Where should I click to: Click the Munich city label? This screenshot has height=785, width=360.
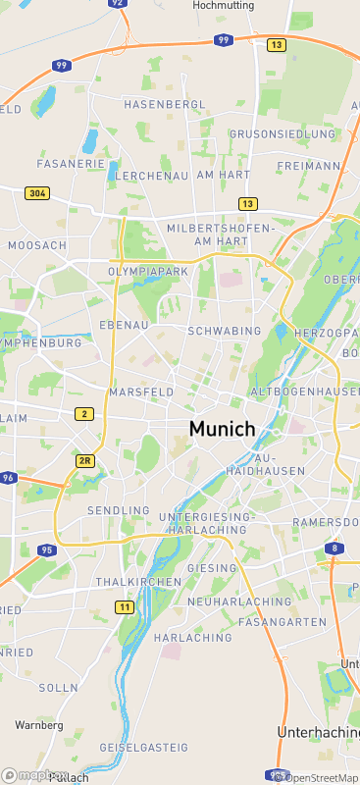click(x=222, y=429)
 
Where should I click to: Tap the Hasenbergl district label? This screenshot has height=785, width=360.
click(x=165, y=104)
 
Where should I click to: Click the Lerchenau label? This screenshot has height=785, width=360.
click(x=151, y=175)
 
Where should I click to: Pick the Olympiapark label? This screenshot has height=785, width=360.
click(x=147, y=270)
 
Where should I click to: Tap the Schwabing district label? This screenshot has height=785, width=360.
click(x=225, y=332)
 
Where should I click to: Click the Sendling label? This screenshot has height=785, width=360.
click(x=119, y=511)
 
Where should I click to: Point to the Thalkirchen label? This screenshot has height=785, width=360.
click(x=138, y=582)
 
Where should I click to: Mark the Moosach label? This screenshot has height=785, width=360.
click(x=37, y=244)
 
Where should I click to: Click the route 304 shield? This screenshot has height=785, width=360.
click(x=37, y=193)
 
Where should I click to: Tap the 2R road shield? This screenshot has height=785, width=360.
click(x=84, y=460)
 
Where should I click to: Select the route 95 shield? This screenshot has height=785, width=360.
click(x=46, y=550)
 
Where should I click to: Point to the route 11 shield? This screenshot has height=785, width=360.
click(x=125, y=607)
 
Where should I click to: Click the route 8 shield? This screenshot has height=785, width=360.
click(x=335, y=548)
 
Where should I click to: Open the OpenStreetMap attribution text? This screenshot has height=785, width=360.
click(x=319, y=778)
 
